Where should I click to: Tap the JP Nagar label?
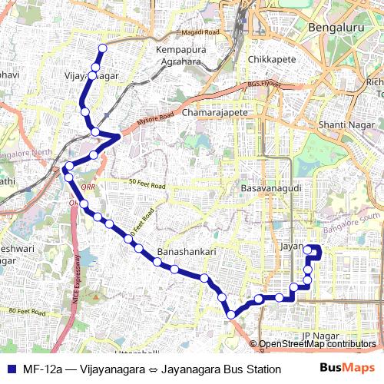[x=319, y=336]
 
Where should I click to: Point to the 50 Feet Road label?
[x=147, y=185]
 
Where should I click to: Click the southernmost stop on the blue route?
[x=230, y=314]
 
